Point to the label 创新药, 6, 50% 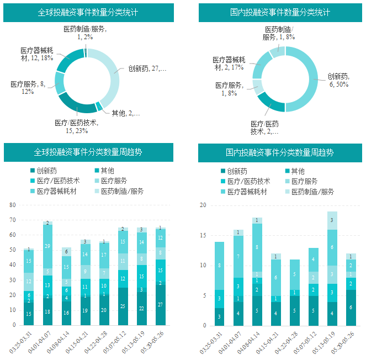[x=338, y=81]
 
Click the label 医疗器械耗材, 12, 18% [x=36, y=54]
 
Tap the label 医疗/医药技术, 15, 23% [x=76, y=126]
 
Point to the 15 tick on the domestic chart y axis [x=203, y=235]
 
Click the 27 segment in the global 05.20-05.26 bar [x=161, y=304]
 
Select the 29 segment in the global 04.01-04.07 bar [x=47, y=246]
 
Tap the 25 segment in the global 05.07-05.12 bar [x=123, y=306]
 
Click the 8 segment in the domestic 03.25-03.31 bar [x=220, y=266]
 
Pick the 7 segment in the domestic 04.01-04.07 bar [x=238, y=257]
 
